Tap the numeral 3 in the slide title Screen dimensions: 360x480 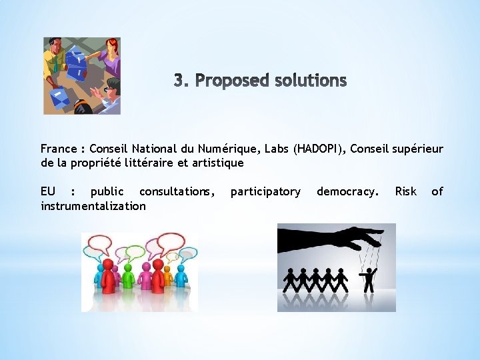coord(179,81)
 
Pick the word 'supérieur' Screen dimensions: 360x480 coord(419,149)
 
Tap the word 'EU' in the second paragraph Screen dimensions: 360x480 coord(48,192)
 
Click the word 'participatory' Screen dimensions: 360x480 coord(265,192)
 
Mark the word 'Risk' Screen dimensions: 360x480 coord(405,192)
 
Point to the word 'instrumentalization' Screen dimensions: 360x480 coord(93,206)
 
